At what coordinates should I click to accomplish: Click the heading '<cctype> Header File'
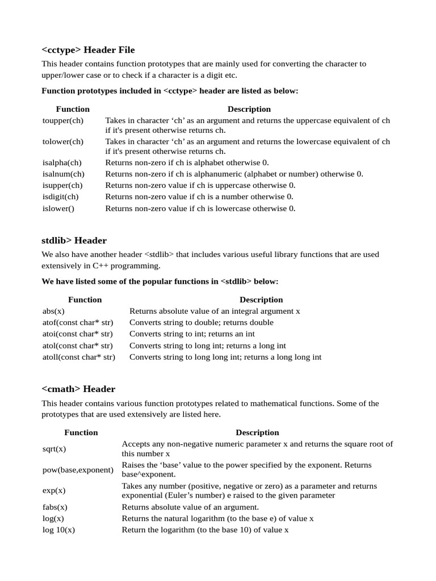pyautogui.click(x=88, y=50)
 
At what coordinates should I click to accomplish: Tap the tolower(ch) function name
pyautogui.click(x=62, y=141)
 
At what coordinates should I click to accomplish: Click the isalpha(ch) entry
pyautogui.click(x=62, y=162)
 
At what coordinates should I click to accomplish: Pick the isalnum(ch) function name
pyautogui.click(x=64, y=174)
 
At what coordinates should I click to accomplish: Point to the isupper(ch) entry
pyautogui.click(x=62, y=185)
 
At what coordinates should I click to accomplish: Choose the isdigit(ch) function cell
pyautogui.click(x=61, y=196)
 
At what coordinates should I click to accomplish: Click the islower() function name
pyautogui.click(x=58, y=208)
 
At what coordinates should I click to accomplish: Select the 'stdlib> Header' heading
pyautogui.click(x=74, y=241)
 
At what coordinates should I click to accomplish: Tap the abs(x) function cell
pyautogui.click(x=53, y=311)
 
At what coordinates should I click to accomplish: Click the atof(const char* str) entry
pyautogui.click(x=77, y=322)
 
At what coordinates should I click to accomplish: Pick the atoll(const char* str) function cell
pyautogui.click(x=79, y=357)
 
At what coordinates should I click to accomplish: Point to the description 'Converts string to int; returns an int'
pyautogui.click(x=192, y=334)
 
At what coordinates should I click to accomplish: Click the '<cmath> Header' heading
pyautogui.click(x=78, y=389)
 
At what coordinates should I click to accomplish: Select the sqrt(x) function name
pyautogui.click(x=54, y=449)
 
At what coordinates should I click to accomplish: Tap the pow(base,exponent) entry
pyautogui.click(x=78, y=470)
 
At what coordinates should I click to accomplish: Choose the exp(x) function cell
pyautogui.click(x=54, y=490)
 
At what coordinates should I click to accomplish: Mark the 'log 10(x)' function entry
pyautogui.click(x=59, y=529)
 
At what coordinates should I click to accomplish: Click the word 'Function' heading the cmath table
pyautogui.click(x=81, y=432)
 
